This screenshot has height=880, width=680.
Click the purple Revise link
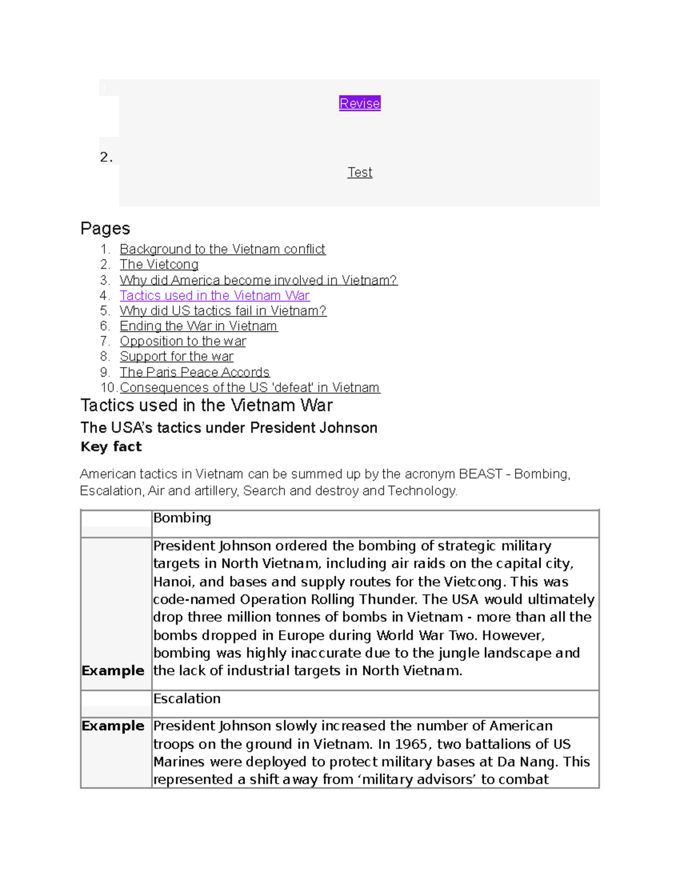(359, 103)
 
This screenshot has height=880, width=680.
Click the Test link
(359, 172)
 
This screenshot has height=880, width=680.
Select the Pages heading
(105, 228)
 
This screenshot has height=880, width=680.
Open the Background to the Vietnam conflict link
(222, 249)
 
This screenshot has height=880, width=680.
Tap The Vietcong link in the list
(159, 265)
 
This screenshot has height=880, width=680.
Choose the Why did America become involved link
(258, 280)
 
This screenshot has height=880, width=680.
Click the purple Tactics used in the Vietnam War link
(214, 295)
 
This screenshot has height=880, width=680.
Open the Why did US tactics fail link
(223, 311)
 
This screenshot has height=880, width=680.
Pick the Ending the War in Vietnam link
(198, 326)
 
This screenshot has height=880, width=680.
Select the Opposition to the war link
(182, 341)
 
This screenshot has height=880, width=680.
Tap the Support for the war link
(176, 356)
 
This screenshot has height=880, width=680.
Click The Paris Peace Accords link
(194, 372)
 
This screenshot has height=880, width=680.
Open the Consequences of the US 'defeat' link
(249, 388)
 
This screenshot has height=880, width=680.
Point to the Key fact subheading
(111, 447)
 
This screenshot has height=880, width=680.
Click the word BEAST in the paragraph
(480, 474)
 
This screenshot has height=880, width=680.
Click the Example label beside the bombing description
(113, 670)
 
